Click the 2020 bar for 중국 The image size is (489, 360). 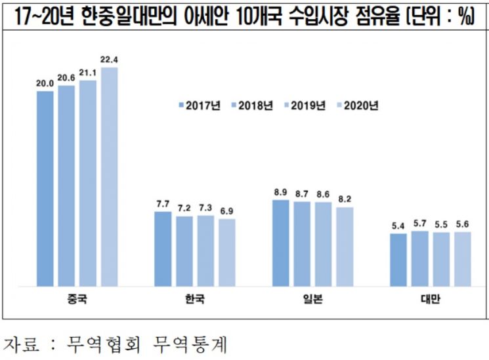tap(109, 177)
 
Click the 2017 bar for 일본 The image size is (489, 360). tap(280, 243)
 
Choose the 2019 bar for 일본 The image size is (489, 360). tap(323, 245)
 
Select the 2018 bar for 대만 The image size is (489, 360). tap(419, 258)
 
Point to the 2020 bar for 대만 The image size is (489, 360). tap(463, 259)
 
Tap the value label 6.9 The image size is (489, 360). tap(227, 210)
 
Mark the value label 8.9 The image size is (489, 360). tap(280, 192)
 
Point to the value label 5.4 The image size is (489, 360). tap(398, 226)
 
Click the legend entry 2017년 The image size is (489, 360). tap(201, 105)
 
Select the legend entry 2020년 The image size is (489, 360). tap(357, 105)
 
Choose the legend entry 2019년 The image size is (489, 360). tap(305, 105)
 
